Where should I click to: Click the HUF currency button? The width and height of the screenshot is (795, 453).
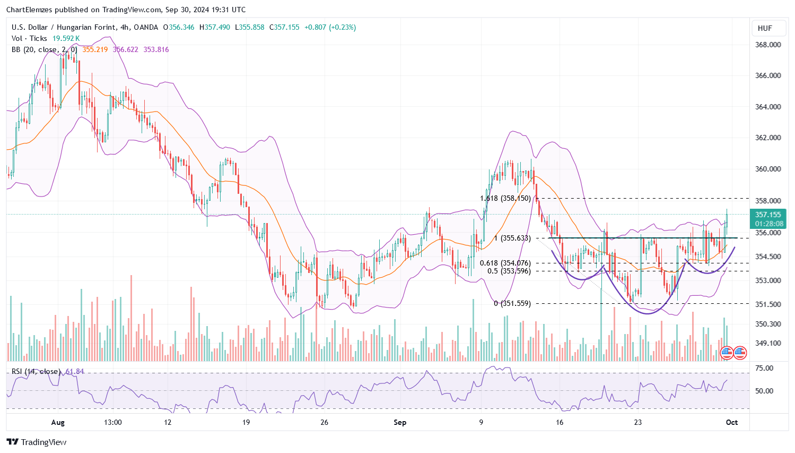click(x=765, y=28)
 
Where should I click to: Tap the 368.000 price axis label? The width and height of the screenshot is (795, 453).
click(x=768, y=45)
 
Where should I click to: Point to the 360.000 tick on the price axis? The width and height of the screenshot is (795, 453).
click(x=768, y=169)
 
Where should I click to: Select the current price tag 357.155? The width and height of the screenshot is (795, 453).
click(x=768, y=215)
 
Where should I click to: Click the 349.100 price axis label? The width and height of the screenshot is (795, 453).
click(x=768, y=343)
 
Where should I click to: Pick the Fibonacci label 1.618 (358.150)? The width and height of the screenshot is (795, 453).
click(x=505, y=198)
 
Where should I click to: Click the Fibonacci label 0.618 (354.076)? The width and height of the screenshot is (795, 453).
click(x=505, y=263)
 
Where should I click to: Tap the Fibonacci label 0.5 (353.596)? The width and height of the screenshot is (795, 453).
click(x=509, y=271)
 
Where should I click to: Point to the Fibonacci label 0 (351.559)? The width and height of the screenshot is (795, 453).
click(x=512, y=303)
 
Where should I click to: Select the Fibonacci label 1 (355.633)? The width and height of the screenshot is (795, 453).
click(x=512, y=238)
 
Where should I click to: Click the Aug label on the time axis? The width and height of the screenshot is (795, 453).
click(x=58, y=422)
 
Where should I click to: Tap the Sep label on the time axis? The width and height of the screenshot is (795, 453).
click(x=400, y=422)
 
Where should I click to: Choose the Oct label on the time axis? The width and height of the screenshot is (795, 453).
click(x=732, y=422)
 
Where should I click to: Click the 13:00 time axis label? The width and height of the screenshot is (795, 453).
click(x=113, y=422)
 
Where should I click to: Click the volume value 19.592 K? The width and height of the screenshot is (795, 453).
click(x=66, y=38)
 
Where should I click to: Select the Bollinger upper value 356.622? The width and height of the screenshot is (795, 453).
click(x=125, y=49)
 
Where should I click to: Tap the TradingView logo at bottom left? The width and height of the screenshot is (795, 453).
click(x=37, y=442)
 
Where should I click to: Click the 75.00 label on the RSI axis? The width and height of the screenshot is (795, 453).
click(x=764, y=368)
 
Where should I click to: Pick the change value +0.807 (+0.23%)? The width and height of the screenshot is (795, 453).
click(x=330, y=27)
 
